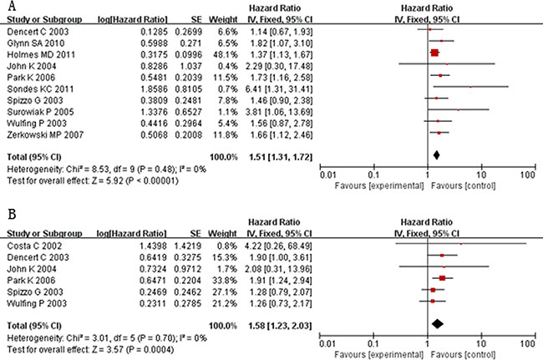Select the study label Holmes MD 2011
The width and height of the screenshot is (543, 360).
36,52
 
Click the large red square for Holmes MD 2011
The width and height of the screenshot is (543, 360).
434,52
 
